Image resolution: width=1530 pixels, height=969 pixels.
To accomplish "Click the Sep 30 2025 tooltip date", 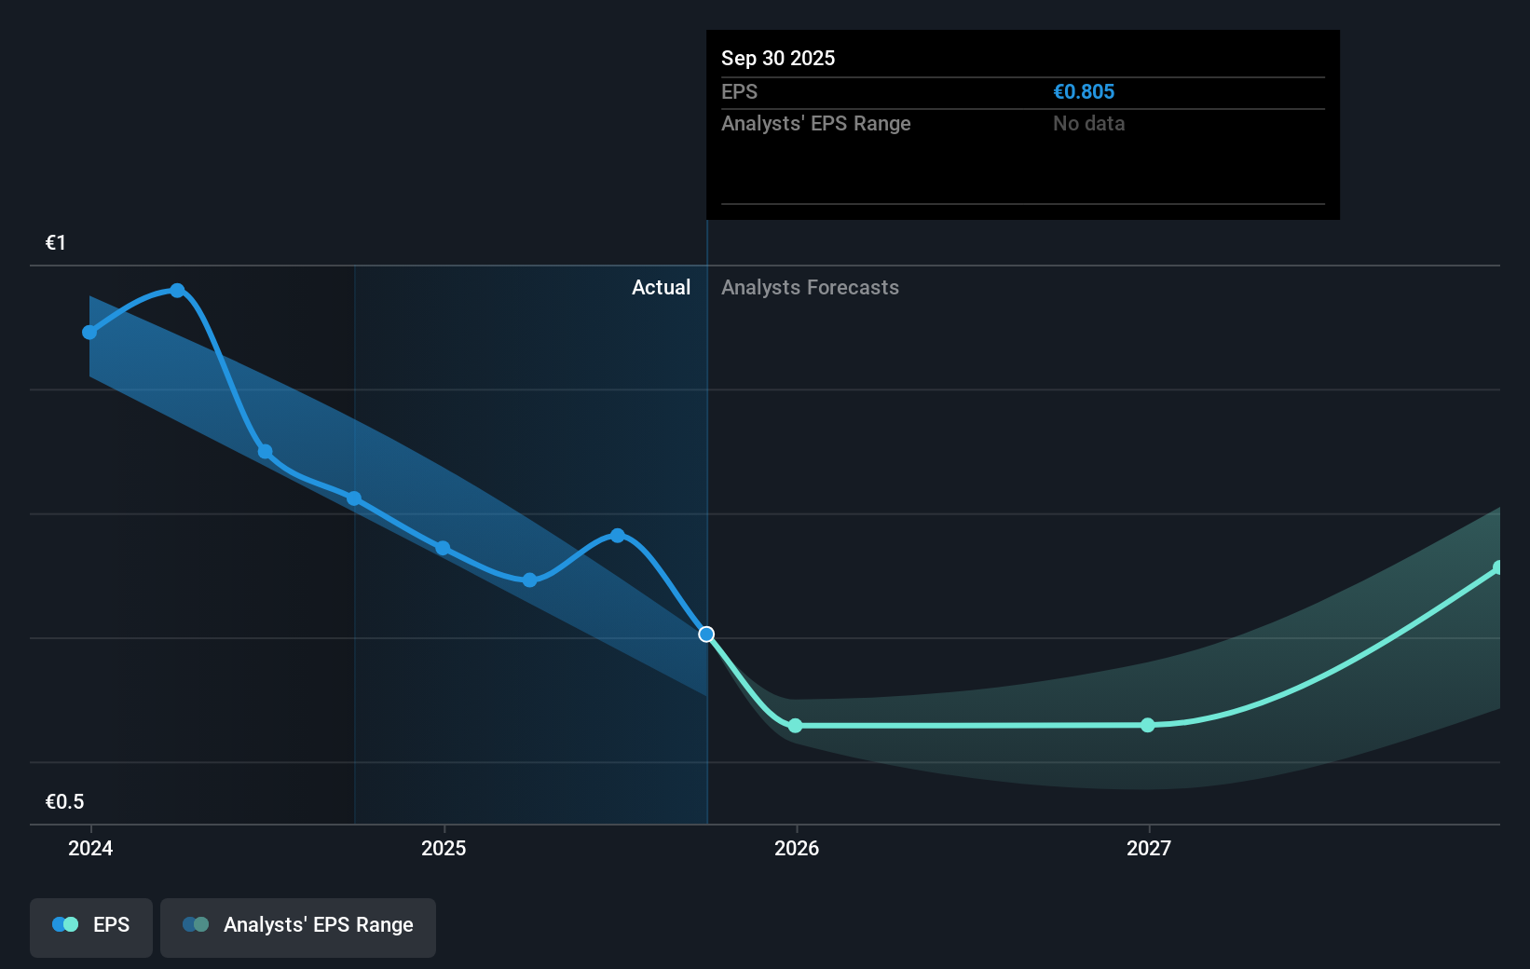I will [777, 58].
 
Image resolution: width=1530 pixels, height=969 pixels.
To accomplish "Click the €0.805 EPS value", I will [1083, 91].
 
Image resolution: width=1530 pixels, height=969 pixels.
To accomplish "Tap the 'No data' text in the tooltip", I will [1088, 123].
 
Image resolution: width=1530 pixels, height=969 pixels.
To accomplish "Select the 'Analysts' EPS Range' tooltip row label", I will [815, 123].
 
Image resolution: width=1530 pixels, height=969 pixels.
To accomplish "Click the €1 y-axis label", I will [56, 243].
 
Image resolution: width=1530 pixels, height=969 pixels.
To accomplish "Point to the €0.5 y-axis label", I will [64, 801].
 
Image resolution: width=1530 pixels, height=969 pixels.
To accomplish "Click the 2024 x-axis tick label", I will [90, 848].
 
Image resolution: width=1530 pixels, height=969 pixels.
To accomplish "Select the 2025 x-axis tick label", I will [444, 848].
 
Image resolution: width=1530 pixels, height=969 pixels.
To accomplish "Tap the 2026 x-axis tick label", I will [797, 848].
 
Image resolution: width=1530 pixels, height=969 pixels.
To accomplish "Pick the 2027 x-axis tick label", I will [1149, 848].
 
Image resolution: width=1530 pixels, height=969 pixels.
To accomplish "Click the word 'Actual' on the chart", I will [661, 287].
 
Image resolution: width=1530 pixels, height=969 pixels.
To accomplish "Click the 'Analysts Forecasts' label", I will [810, 287].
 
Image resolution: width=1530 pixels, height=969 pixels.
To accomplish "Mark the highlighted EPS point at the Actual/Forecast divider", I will [706, 635].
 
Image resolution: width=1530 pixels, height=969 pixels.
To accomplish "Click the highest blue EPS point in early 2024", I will [177, 291].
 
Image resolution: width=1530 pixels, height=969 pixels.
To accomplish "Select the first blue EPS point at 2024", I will [89, 333].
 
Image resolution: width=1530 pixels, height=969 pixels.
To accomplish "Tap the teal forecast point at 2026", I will [795, 726].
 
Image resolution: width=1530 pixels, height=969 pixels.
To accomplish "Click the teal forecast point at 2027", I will [1148, 725].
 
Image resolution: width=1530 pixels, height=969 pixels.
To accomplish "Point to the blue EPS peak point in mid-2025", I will [618, 536].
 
